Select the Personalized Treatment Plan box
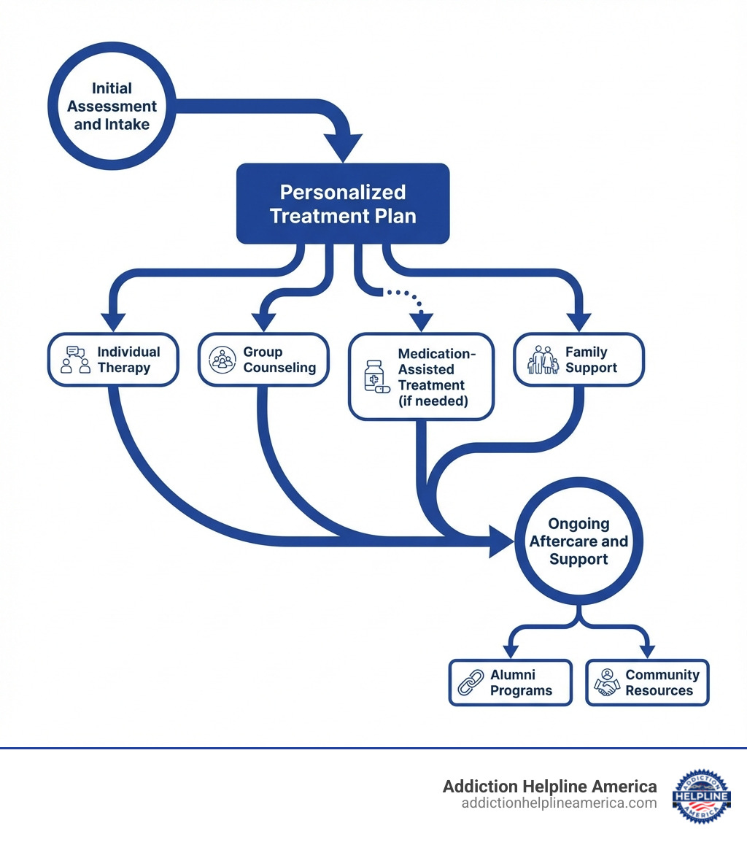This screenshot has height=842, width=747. [343, 204]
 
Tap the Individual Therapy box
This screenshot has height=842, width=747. [113, 360]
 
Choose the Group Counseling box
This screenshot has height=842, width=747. [263, 360]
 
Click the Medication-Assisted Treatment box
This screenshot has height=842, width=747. [421, 376]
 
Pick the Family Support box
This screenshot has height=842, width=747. [578, 360]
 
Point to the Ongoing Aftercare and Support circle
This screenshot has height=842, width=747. [578, 541]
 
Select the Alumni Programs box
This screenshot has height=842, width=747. [510, 682]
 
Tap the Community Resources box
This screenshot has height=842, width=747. [647, 682]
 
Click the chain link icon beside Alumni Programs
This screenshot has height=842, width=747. [471, 682]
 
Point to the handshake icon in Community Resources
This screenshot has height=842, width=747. [606, 683]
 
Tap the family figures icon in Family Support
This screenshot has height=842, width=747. [543, 360]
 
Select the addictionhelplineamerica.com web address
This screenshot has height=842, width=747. [559, 803]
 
